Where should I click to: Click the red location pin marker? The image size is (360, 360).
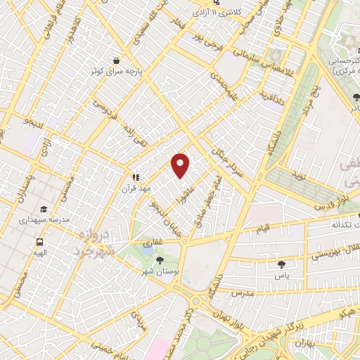181,165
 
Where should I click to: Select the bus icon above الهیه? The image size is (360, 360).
39,241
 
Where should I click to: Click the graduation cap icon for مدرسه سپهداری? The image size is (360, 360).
44,210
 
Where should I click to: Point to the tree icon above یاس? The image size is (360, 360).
282,265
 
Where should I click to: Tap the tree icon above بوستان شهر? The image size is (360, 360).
160,260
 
